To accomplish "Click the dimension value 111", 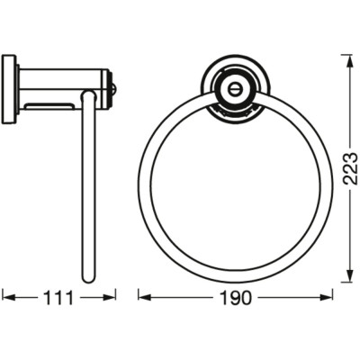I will coord(58,296).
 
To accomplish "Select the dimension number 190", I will coord(237,296).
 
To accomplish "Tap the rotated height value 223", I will coord(347,167).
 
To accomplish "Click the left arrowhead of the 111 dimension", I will coord(5,295).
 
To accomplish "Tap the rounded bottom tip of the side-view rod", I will coord(88,279).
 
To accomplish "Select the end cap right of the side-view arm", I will coord(112,88).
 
